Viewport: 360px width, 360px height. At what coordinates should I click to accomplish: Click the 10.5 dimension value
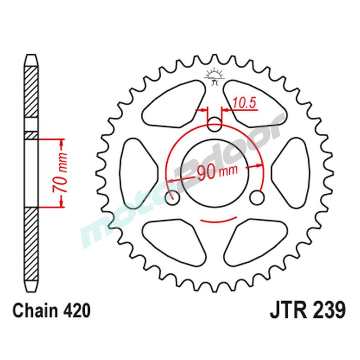click(244, 103)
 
